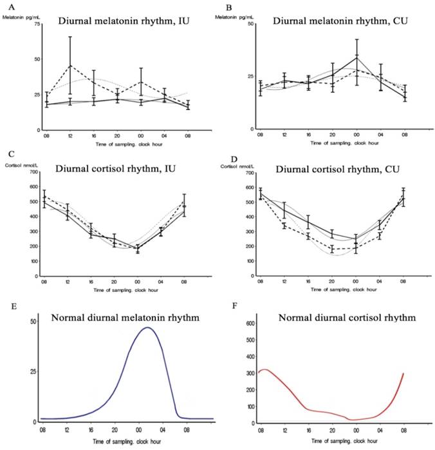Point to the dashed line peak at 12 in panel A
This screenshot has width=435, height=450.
69,66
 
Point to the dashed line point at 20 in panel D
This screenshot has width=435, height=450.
332,249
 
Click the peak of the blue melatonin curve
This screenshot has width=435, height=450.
148,328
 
